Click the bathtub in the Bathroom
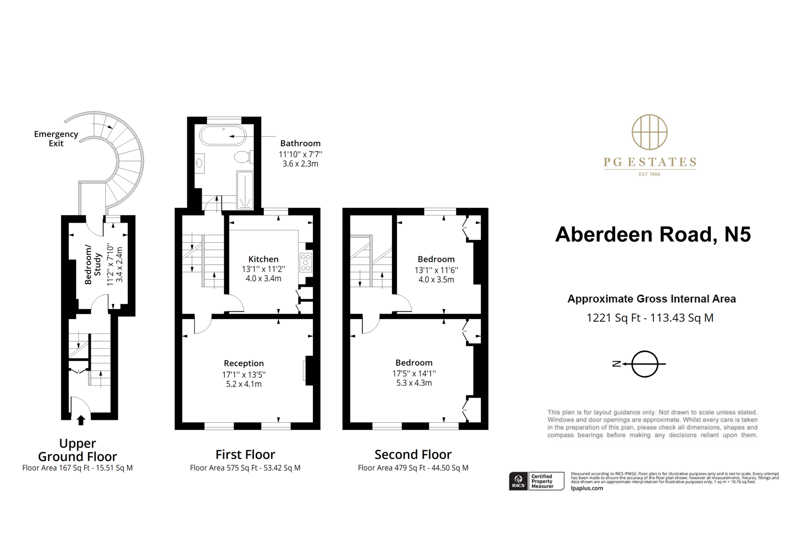coord(223,136)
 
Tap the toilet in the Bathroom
coord(243,157)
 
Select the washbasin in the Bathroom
coord(199,163)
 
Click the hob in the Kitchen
coord(306,262)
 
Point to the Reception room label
coord(244,363)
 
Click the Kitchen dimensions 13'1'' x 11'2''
coord(263,269)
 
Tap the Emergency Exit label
coord(56,139)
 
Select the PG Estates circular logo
coord(650,132)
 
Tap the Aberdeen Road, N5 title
coord(653,234)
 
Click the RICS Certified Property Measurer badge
coord(536,481)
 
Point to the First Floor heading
coord(245,455)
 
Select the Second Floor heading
coord(413,455)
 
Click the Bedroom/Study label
coord(93,264)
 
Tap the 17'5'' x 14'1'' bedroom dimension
coord(414,373)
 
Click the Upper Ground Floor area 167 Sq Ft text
coord(77,468)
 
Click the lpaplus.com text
coord(587,488)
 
